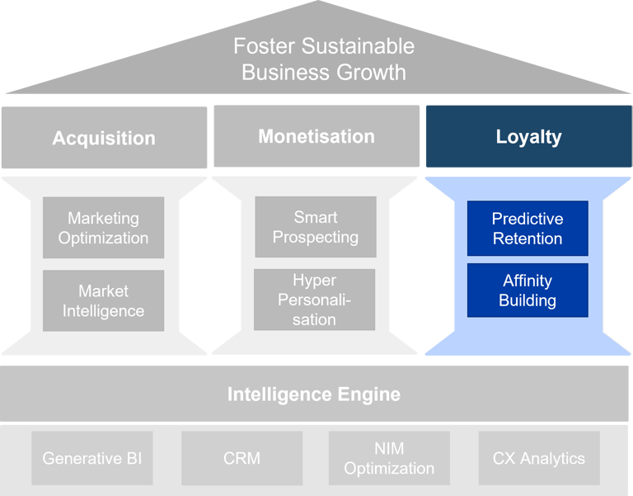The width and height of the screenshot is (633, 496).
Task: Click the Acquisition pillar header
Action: pyautogui.click(x=104, y=137)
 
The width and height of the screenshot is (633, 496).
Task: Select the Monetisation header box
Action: pyautogui.click(x=316, y=136)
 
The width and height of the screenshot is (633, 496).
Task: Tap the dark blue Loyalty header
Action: pyautogui.click(x=528, y=136)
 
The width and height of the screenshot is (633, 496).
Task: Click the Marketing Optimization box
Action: pyautogui.click(x=104, y=228)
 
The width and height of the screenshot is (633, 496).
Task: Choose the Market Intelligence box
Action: pyautogui.click(x=104, y=300)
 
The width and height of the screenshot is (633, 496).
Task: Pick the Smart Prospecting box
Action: pyautogui.click(x=316, y=227)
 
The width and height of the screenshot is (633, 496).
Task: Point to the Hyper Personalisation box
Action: pyautogui.click(x=315, y=300)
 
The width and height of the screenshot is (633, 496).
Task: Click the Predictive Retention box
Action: pyautogui.click(x=527, y=229)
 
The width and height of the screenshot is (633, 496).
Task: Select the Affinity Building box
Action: pyautogui.click(x=527, y=291)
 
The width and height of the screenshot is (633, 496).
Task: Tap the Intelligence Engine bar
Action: pyautogui.click(x=314, y=394)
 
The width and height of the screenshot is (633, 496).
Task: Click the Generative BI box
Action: pyautogui.click(x=92, y=458)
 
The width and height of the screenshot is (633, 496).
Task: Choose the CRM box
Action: pyautogui.click(x=241, y=458)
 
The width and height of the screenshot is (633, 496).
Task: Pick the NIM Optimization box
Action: pyautogui.click(x=389, y=458)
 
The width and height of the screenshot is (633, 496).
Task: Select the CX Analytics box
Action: pyautogui.click(x=539, y=458)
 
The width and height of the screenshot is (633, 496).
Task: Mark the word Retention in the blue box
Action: pyautogui.click(x=527, y=239)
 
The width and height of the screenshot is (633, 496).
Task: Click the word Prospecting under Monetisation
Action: pyautogui.click(x=316, y=237)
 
